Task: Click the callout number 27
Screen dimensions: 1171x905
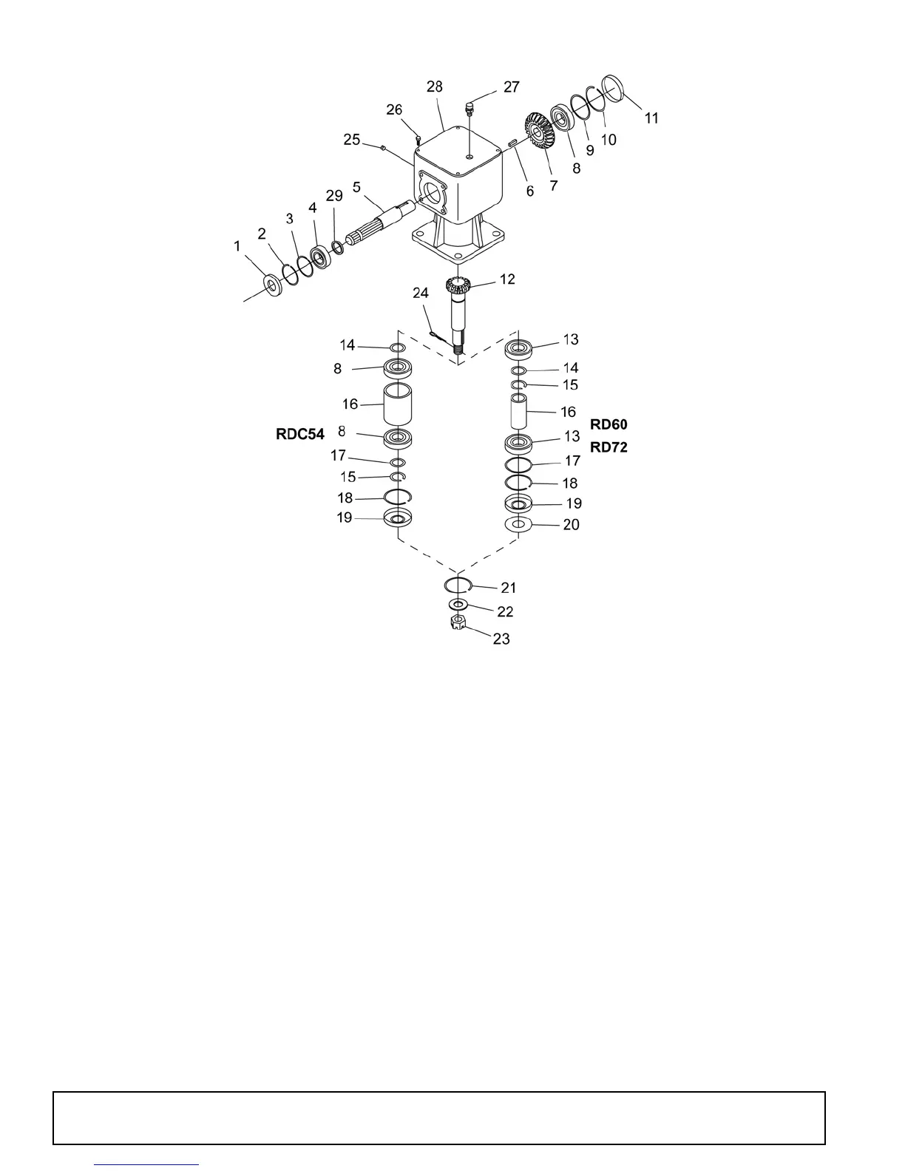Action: (x=511, y=87)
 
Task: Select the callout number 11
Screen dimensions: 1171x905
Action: (x=651, y=118)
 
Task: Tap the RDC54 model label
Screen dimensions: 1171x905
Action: (x=300, y=435)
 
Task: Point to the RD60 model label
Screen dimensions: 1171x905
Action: (x=609, y=424)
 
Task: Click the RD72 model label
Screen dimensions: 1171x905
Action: (x=609, y=447)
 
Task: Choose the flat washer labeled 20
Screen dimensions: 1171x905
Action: (x=518, y=525)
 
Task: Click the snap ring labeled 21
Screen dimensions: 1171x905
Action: (x=458, y=585)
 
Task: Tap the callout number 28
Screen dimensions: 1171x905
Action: (x=435, y=87)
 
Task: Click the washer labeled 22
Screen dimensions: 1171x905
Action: (x=458, y=606)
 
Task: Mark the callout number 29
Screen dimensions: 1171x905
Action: (x=334, y=196)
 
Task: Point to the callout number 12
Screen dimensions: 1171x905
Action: (x=507, y=279)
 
